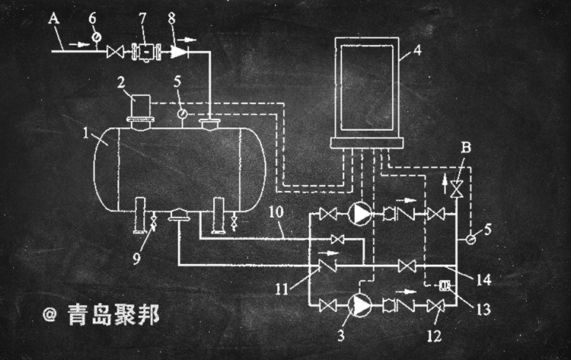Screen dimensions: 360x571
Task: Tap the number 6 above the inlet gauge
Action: pyautogui.click(x=92, y=16)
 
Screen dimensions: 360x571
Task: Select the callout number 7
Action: pyautogui.click(x=141, y=17)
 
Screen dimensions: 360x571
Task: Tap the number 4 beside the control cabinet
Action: pyautogui.click(x=416, y=53)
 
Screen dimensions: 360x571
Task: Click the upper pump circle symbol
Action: pyautogui.click(x=360, y=213)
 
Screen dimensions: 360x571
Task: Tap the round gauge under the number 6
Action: pyautogui.click(x=95, y=37)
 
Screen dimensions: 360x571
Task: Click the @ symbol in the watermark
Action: pyautogui.click(x=50, y=314)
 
